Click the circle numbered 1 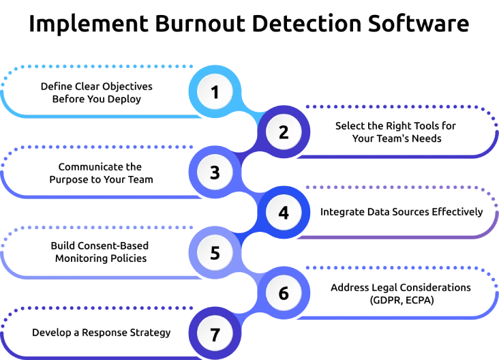pyautogui.click(x=215, y=92)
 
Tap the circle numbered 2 pyautogui.click(x=284, y=132)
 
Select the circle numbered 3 pyautogui.click(x=215, y=172)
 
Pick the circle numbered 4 pyautogui.click(x=284, y=213)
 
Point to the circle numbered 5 pyautogui.click(x=215, y=253)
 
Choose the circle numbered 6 pyautogui.click(x=284, y=293)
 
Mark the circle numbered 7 pyautogui.click(x=215, y=334)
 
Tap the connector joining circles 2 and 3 pyautogui.click(x=249, y=153)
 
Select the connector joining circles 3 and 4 pyautogui.click(x=249, y=193)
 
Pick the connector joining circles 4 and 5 pyautogui.click(x=249, y=233)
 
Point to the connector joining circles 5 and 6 pyautogui.click(x=249, y=273)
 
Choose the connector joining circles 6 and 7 pyautogui.click(x=249, y=314)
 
